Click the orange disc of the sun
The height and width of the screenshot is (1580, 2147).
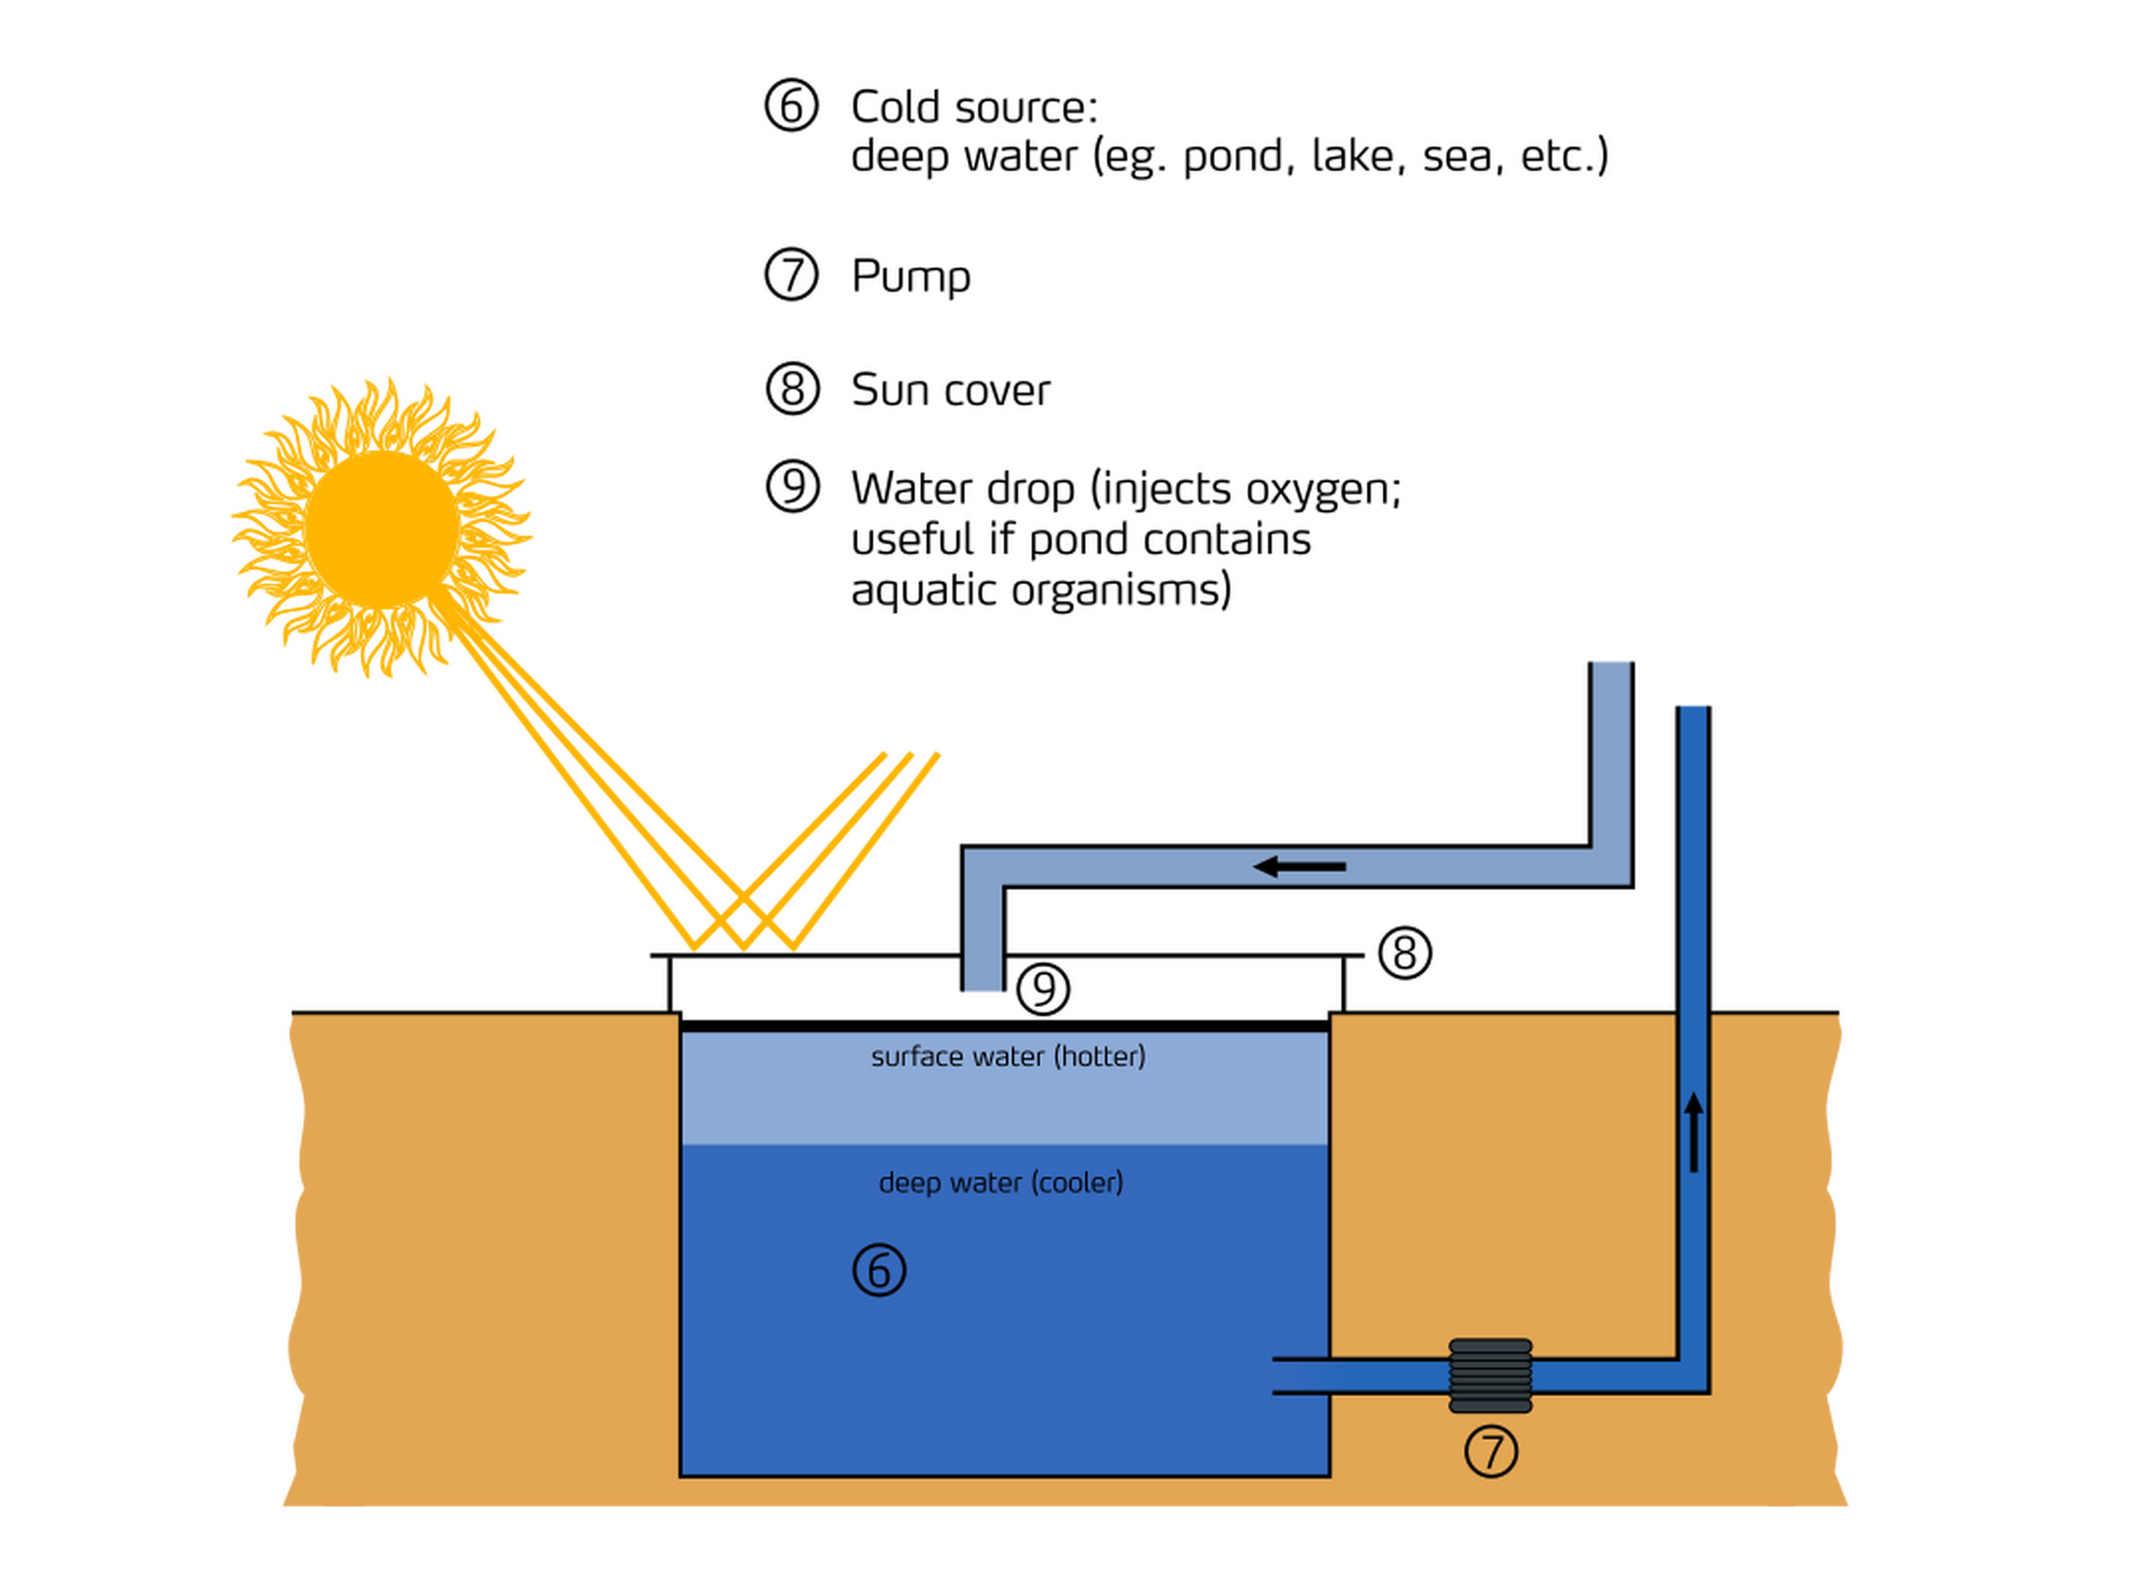pyautogui.click(x=381, y=528)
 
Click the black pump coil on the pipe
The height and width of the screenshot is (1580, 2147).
pyautogui.click(x=1489, y=1375)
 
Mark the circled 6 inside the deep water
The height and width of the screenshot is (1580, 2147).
pyautogui.click(x=879, y=1270)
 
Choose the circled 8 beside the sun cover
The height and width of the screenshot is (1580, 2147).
pyautogui.click(x=1404, y=953)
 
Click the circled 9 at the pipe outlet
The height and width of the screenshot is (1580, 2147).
pyautogui.click(x=1042, y=989)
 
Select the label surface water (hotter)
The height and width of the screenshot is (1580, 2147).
pyautogui.click(x=1007, y=1057)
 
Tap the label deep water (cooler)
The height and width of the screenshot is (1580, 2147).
pyautogui.click(x=1000, y=1183)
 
